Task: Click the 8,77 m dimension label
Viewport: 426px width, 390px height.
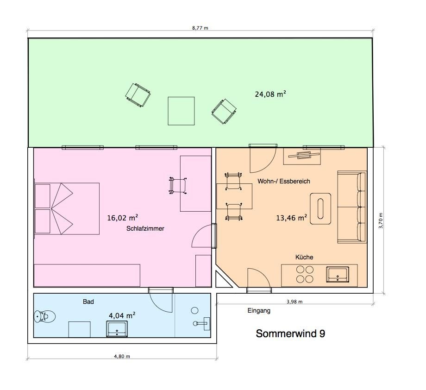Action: click(200, 28)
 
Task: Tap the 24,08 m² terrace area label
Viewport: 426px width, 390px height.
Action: click(270, 94)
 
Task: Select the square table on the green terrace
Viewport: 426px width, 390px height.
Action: click(181, 111)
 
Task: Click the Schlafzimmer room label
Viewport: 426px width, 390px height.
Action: click(145, 228)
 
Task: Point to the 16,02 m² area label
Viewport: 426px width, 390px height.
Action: click(123, 218)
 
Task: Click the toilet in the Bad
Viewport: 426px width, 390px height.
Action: click(44, 316)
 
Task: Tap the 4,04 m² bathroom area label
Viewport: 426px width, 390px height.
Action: click(122, 315)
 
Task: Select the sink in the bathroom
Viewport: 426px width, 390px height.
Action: click(117, 329)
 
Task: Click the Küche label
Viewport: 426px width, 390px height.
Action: click(304, 257)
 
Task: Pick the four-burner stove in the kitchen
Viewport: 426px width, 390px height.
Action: click(305, 274)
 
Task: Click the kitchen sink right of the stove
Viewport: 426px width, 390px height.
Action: click(338, 275)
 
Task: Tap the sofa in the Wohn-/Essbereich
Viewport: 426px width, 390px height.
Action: click(352, 207)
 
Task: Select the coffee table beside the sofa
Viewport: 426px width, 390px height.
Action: click(320, 209)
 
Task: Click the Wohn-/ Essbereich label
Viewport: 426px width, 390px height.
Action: click(284, 181)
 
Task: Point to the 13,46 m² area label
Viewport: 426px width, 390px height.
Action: click(292, 218)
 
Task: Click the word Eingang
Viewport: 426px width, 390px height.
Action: click(259, 310)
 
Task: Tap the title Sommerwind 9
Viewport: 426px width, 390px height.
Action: click(290, 333)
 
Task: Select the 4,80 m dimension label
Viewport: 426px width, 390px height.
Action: click(122, 356)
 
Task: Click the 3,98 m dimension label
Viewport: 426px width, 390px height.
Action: click(294, 302)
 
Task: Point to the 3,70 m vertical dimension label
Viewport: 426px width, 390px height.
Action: click(381, 220)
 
